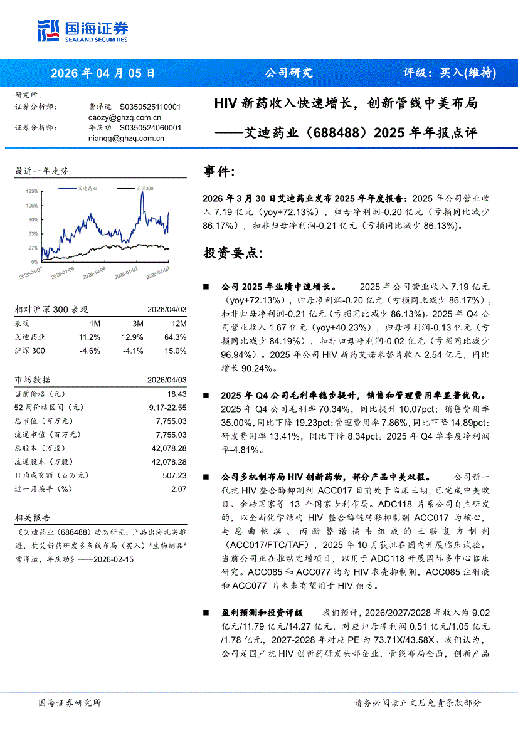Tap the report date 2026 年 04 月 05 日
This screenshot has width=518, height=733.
pyautogui.click(x=102, y=73)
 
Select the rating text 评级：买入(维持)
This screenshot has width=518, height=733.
pyautogui.click(x=449, y=73)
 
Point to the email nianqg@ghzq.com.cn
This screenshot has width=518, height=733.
pyautogui.click(x=126, y=139)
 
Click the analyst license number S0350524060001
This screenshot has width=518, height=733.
pyautogui.click(x=151, y=128)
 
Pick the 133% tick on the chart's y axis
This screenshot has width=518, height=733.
pyautogui.click(x=32, y=191)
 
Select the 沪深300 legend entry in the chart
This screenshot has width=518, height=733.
pyautogui.click(x=144, y=188)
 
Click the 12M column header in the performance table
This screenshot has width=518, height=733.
pyautogui.click(x=179, y=324)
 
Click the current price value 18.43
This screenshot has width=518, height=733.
pyautogui.click(x=177, y=394)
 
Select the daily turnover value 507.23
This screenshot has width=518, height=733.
pyautogui.click(x=174, y=476)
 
